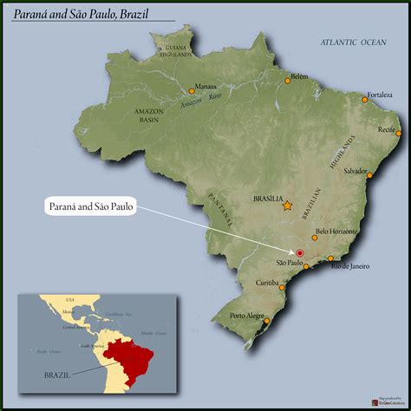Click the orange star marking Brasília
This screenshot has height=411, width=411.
(286, 205)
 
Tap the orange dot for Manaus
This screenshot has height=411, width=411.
(192, 90)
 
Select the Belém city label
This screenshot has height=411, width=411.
(299, 75)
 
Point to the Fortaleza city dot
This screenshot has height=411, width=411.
(365, 100)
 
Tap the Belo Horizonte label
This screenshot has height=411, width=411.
(335, 232)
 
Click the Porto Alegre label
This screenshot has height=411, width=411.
(246, 316)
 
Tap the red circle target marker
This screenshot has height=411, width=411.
(300, 251)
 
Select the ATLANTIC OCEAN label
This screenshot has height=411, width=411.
(354, 42)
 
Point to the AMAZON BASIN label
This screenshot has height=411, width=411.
(150, 115)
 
